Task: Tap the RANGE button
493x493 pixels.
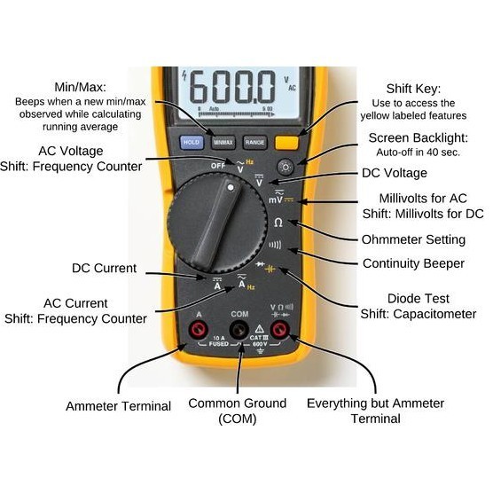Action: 254,141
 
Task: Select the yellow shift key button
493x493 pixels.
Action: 286,140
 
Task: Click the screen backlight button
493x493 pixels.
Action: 286,167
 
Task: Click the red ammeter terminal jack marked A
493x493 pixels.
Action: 197,331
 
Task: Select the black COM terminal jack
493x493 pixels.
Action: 239,331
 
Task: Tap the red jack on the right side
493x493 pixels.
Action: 280,331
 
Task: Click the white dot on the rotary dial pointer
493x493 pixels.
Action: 230,188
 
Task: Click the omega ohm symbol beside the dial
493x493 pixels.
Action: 278,223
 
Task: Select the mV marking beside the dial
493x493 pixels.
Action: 276,200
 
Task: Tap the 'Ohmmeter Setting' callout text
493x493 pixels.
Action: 413,239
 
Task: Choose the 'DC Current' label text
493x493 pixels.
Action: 105,268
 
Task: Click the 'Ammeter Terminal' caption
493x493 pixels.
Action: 118,405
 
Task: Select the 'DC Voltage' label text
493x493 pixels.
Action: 395,173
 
